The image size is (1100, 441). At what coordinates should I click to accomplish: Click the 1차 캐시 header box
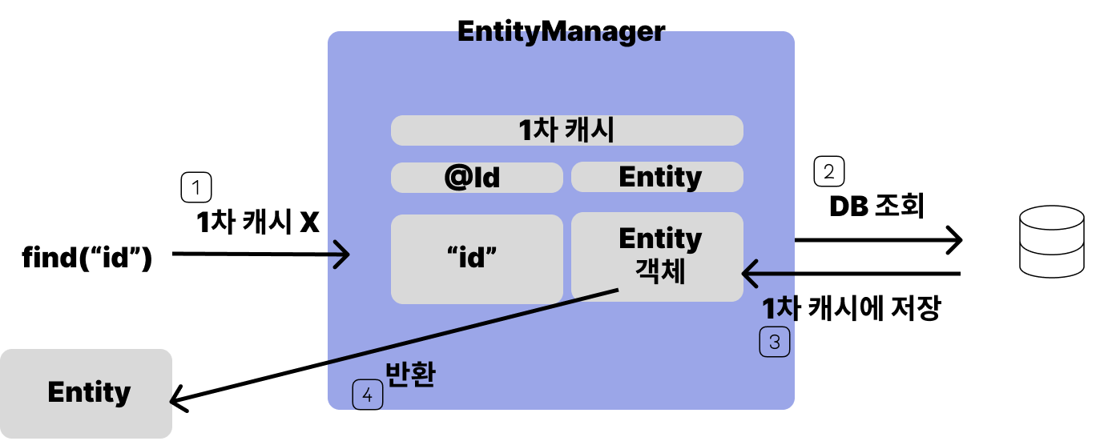tap(566, 130)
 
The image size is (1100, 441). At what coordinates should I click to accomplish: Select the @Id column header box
tap(477, 178)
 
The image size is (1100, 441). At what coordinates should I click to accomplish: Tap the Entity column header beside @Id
tap(657, 177)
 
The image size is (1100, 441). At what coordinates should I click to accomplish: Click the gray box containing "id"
tap(477, 259)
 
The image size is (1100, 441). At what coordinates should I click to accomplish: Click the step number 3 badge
tap(775, 343)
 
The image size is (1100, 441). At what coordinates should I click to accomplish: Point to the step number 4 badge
tap(368, 395)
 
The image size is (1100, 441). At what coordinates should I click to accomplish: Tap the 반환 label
tap(410, 375)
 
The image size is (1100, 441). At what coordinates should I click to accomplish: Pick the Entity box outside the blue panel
tap(87, 393)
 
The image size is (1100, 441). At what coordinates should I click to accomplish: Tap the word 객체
tap(660, 272)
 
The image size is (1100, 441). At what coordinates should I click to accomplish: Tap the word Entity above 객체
tap(660, 239)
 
